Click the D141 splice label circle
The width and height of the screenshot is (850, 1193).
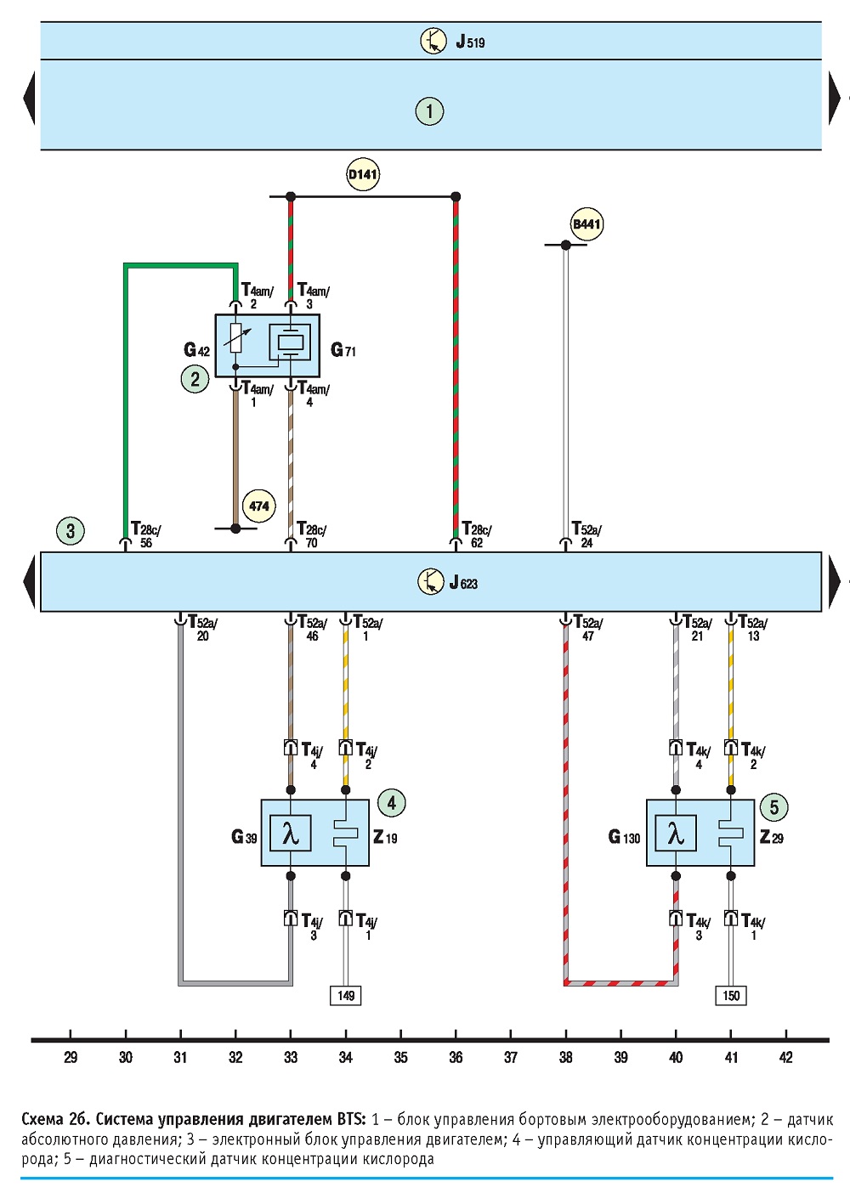click(363, 174)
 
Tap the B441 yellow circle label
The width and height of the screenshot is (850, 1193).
click(586, 223)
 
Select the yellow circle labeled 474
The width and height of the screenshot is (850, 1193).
click(259, 506)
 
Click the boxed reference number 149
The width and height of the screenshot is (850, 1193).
click(345, 995)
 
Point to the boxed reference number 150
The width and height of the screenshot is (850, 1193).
click(731, 995)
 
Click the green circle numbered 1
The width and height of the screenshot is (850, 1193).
click(429, 111)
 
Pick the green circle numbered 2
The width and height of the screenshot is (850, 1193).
click(195, 379)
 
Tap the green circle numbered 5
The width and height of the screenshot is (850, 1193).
click(773, 808)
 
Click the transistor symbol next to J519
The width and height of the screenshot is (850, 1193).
click(433, 41)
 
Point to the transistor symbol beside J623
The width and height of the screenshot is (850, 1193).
click(431, 581)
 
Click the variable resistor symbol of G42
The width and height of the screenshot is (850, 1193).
click(236, 337)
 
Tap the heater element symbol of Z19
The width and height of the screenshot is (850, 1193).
click(346, 834)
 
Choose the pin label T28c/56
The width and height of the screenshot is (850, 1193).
click(146, 535)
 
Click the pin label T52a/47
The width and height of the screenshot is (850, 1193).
click(588, 629)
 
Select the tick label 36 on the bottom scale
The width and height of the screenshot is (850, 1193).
click(456, 1057)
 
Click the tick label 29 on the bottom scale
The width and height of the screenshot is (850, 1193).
click(71, 1057)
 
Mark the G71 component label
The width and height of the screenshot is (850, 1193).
click(343, 350)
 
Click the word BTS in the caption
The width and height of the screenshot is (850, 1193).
click(351, 1120)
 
